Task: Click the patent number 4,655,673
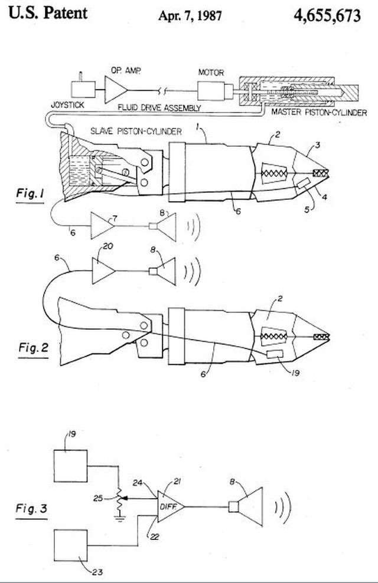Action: pos(327,15)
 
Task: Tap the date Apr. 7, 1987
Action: pos(190,15)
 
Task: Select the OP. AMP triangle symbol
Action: pos(116,90)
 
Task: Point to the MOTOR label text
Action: pos(211,72)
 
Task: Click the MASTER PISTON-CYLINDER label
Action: pos(319,112)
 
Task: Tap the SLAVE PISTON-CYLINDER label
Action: pos(136,131)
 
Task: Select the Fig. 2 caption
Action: pos(34,348)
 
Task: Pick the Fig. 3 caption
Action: pos(32,508)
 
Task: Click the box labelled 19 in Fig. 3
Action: pos(71,466)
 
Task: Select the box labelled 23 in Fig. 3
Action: pos(71,546)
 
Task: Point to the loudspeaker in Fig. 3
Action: pos(246,506)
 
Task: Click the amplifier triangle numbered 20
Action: pos(103,271)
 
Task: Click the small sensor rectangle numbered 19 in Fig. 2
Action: pos(275,354)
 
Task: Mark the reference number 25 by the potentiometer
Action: pos(98,498)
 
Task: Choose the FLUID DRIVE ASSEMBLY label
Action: pos(159,108)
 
